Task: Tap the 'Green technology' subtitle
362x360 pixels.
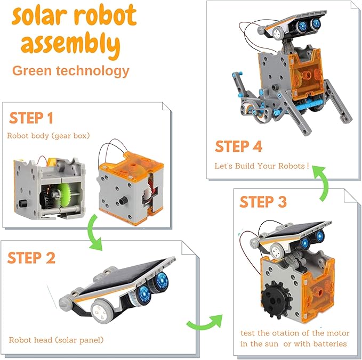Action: (70, 71)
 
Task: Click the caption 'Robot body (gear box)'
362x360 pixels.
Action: (49, 135)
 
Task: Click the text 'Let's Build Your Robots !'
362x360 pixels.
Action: (262, 166)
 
